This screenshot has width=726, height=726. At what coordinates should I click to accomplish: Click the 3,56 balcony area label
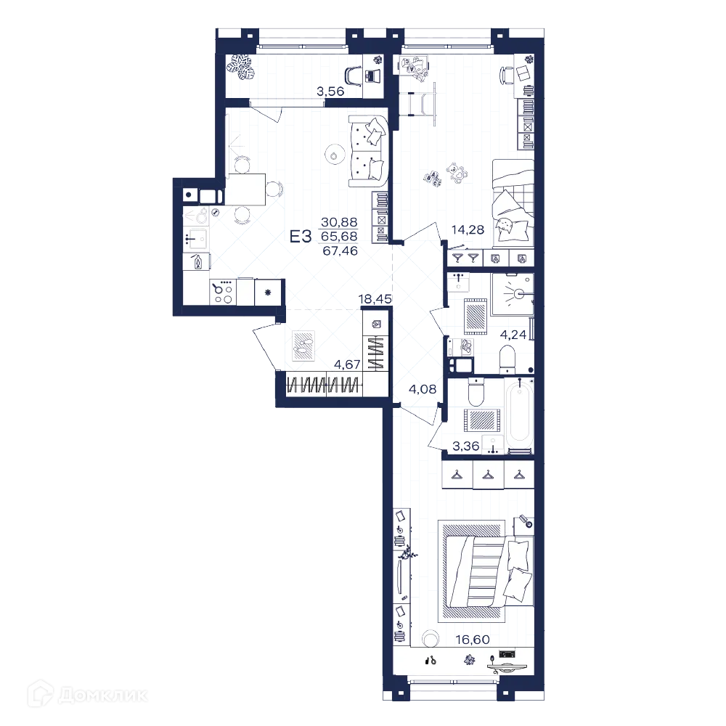click(x=330, y=91)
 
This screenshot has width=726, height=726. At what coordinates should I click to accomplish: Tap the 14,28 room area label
click(x=468, y=229)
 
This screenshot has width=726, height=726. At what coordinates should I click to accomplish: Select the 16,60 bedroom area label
click(x=473, y=640)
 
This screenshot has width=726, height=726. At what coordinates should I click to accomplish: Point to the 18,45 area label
click(x=375, y=299)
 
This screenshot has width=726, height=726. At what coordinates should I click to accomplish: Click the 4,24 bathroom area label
click(x=513, y=334)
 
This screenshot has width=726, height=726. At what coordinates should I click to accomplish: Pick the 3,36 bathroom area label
click(x=466, y=446)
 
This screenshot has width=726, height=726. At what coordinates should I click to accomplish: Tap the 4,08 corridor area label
click(x=423, y=389)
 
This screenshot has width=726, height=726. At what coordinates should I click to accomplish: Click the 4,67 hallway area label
click(x=347, y=364)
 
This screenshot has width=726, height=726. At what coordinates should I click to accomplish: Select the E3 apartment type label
click(x=301, y=237)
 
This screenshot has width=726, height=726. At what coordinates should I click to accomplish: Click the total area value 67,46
click(x=340, y=251)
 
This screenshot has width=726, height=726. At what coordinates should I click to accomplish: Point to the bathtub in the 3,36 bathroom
click(x=520, y=414)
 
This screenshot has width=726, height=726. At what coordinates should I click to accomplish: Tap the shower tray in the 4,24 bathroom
click(x=513, y=294)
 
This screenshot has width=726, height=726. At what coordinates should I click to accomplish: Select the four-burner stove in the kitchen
click(x=223, y=292)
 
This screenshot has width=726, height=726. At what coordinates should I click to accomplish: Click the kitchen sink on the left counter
click(x=197, y=238)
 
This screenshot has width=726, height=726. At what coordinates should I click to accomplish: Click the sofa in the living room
click(x=368, y=152)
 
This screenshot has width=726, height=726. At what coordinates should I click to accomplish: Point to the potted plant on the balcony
click(x=241, y=68)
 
